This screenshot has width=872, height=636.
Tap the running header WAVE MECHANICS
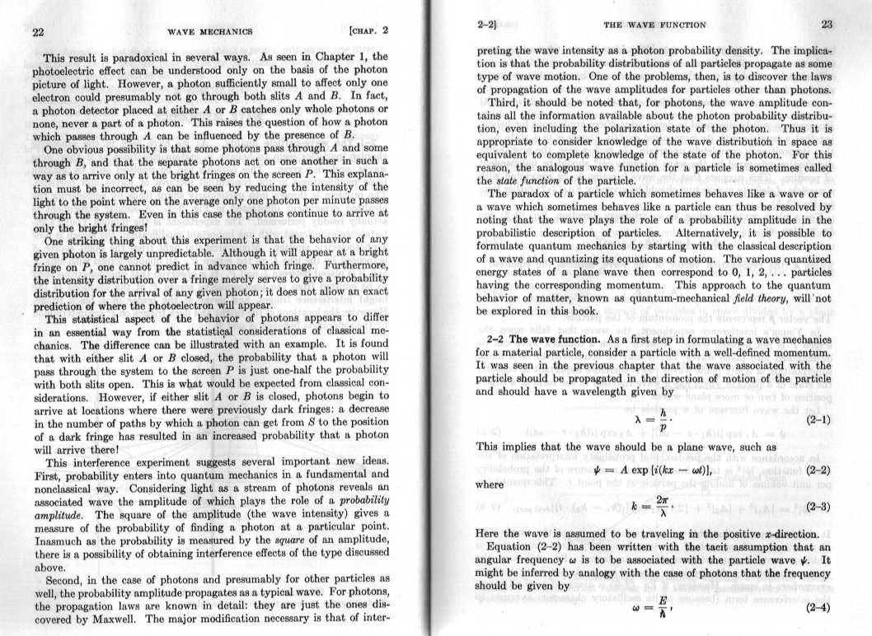tap(209, 32)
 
